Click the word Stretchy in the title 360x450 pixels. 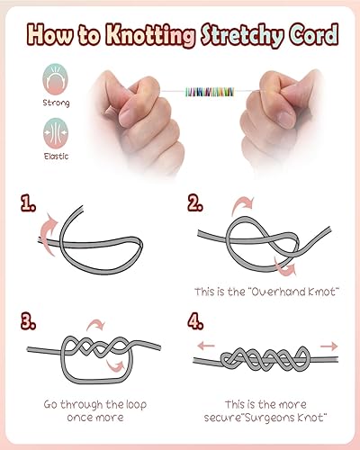(x=242, y=35)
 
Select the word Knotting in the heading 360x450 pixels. (x=150, y=35)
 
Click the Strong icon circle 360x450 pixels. (x=55, y=79)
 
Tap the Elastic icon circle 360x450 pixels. (x=56, y=133)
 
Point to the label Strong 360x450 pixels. (x=56, y=103)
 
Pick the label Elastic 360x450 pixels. (x=56, y=157)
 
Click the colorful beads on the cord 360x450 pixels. (x=210, y=92)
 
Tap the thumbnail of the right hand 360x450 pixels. (x=286, y=118)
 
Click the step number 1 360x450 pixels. (x=28, y=203)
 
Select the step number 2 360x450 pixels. (x=195, y=203)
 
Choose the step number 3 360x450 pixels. (x=28, y=321)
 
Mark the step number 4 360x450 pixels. (x=195, y=321)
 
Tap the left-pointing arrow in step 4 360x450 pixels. (x=206, y=346)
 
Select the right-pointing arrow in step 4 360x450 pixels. (x=329, y=346)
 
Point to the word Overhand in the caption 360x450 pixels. (x=276, y=292)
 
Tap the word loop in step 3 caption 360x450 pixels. (x=135, y=405)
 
